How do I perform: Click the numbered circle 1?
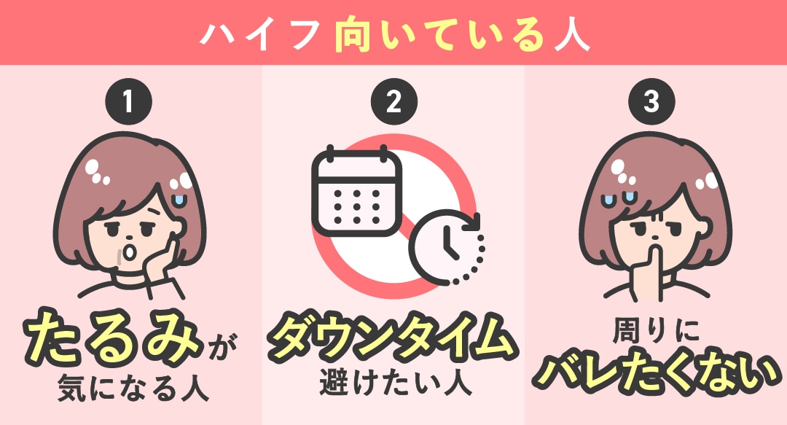tap(128, 101)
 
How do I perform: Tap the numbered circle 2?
tap(393, 101)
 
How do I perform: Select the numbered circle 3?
tap(651, 101)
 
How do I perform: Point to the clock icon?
tap(447, 247)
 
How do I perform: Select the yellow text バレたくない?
tap(656, 374)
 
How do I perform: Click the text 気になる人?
tap(133, 389)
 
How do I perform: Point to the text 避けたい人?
tap(396, 382)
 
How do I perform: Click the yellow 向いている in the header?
tap(439, 35)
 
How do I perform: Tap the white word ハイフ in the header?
tap(260, 35)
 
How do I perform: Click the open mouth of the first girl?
tap(130, 251)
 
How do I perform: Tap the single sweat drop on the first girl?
tap(179, 200)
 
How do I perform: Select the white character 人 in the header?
tap(572, 35)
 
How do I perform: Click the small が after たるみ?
tap(220, 348)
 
